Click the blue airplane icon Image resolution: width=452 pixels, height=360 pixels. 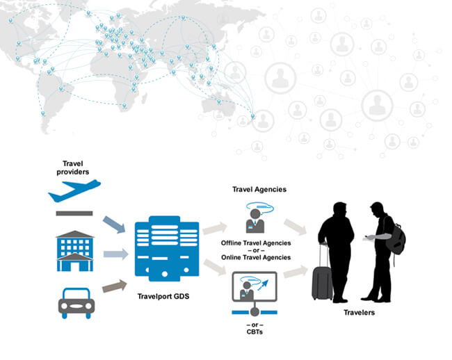(x=74, y=189)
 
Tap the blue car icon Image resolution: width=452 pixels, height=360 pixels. (x=74, y=302)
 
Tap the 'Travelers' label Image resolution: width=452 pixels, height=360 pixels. (x=359, y=313)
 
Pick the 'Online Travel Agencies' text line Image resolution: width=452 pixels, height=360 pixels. (x=256, y=257)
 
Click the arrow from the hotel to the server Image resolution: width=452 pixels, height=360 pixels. (x=116, y=254)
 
